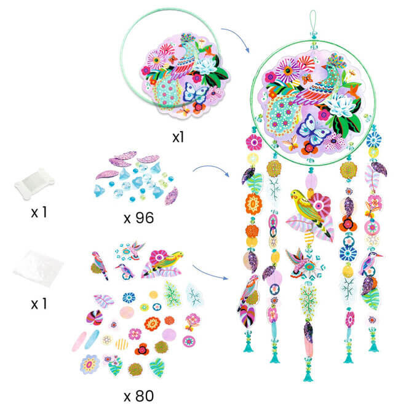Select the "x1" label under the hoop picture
tap(178, 137)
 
